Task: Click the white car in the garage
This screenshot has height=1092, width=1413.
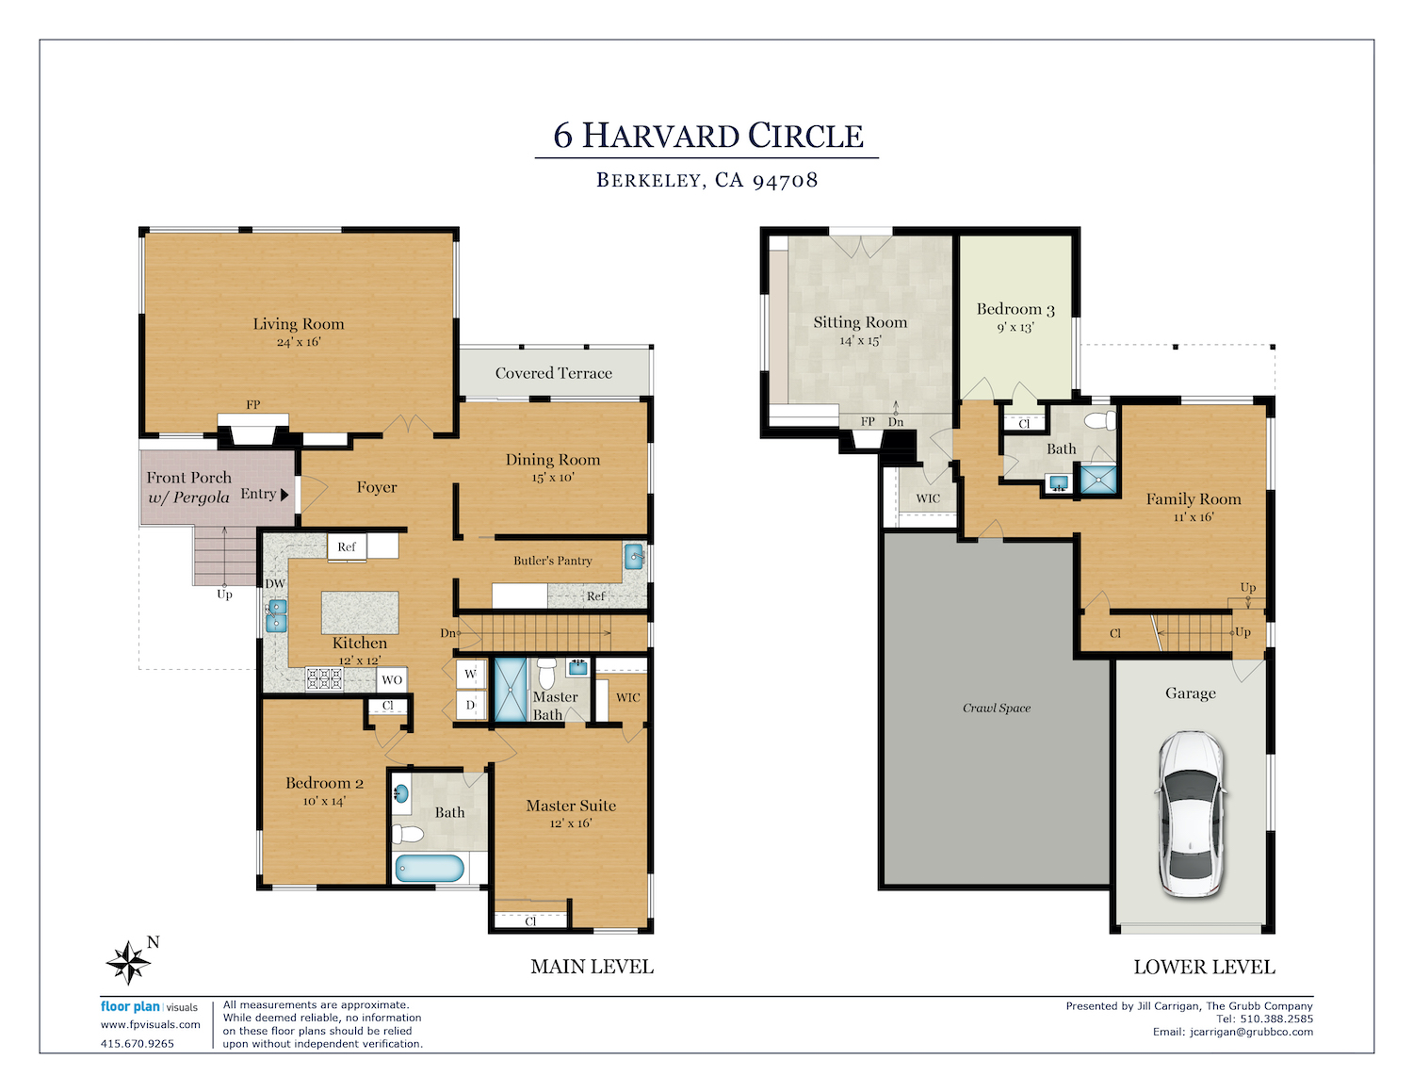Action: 1190,814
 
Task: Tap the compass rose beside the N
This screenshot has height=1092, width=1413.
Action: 129,963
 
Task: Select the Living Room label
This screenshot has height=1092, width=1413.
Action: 299,324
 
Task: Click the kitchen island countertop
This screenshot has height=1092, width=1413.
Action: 360,612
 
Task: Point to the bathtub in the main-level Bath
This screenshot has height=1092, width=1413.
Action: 430,869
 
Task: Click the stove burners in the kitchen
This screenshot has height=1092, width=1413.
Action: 324,678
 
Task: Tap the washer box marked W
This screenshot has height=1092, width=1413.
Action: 471,675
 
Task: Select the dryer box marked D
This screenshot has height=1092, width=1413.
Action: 471,705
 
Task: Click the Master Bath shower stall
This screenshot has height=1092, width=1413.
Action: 511,690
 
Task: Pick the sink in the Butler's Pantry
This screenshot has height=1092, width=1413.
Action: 634,557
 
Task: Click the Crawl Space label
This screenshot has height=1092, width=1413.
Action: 997,708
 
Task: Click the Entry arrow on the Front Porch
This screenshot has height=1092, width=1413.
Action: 284,495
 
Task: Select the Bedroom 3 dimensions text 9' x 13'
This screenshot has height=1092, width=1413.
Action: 1015,327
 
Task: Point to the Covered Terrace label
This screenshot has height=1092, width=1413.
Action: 553,373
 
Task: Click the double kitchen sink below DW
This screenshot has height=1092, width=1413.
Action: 276,616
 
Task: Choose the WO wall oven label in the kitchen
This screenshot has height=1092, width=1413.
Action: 392,680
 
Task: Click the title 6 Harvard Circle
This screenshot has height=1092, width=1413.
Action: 707,136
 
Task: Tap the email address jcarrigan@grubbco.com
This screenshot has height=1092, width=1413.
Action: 1251,1032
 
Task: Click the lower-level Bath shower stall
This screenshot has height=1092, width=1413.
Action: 1098,480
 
